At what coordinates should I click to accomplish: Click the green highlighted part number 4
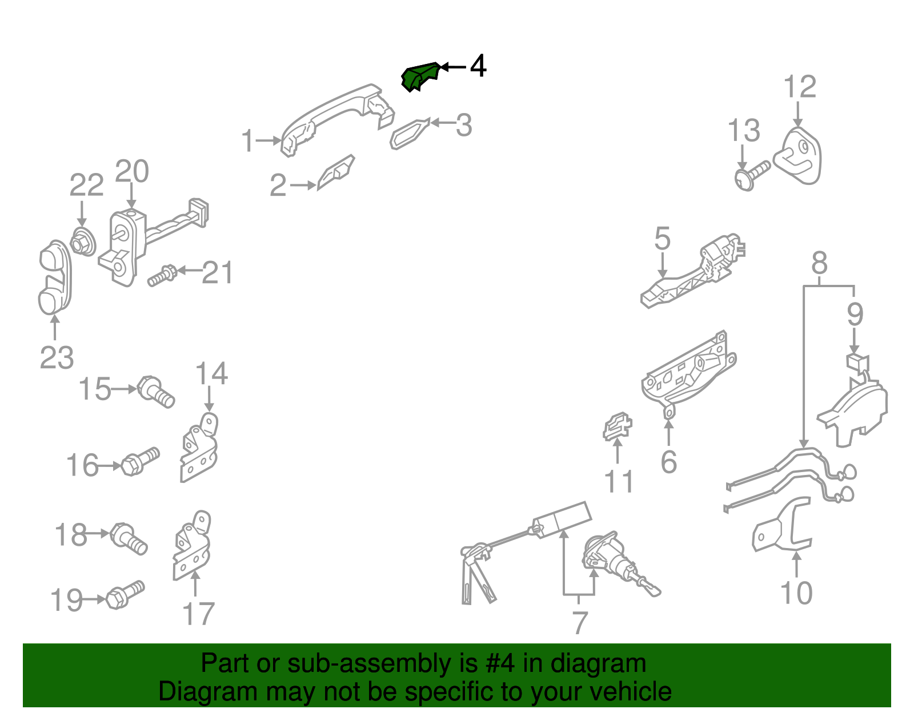tap(419, 76)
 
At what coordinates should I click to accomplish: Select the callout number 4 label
tap(478, 66)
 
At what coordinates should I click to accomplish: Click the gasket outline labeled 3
tap(409, 134)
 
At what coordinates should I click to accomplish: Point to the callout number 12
tap(800, 87)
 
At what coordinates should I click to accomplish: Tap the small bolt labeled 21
tap(162, 276)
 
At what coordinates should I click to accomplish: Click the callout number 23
tap(57, 357)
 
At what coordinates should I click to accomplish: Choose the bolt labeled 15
tap(155, 392)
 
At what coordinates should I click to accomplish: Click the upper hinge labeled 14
tap(199, 448)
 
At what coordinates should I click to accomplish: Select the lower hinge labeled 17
tap(192, 545)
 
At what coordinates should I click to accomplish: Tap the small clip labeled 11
tap(617, 426)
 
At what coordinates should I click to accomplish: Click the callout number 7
tap(580, 623)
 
